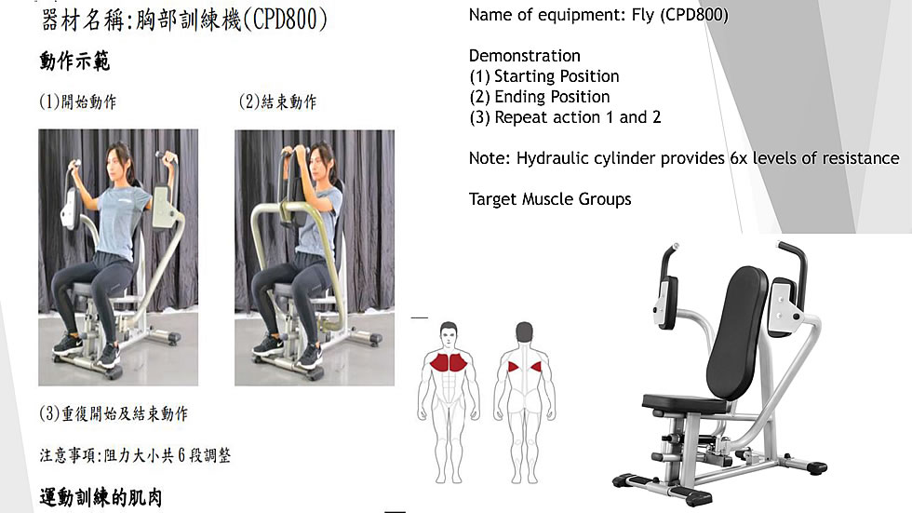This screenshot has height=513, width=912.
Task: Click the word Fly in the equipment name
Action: point(643,15)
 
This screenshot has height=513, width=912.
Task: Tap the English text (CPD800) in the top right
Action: point(694,15)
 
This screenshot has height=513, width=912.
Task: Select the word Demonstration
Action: point(525,56)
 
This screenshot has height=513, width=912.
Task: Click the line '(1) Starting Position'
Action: point(544,76)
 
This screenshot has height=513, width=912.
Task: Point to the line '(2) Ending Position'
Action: point(540,97)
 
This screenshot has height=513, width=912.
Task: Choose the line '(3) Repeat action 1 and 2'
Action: point(565,117)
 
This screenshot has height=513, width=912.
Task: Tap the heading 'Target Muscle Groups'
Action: point(550,199)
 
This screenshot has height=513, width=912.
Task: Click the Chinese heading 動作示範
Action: point(74,61)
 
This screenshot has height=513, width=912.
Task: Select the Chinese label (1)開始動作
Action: point(78,101)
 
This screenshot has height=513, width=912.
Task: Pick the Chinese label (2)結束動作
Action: point(278,101)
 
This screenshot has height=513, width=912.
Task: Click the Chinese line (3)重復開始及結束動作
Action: point(114,413)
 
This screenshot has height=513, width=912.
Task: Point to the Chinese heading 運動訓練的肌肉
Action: point(101,498)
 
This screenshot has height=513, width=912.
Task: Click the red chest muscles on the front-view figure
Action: point(449,362)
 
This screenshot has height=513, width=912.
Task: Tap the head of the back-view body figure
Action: point(524,332)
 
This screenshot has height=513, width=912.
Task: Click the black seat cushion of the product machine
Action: point(684,403)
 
